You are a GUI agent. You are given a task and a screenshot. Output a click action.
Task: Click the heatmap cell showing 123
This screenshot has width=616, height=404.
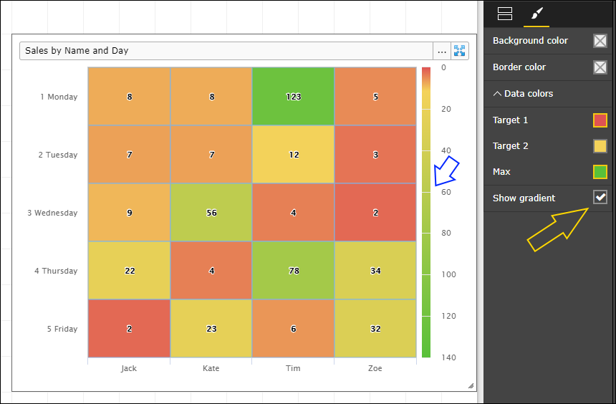point(293,97)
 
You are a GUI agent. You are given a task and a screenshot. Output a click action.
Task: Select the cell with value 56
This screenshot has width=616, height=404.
point(211,213)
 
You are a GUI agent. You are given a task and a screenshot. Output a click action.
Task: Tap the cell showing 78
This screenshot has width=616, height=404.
point(293,271)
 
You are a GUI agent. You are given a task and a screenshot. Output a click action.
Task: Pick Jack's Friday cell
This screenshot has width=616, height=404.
point(129,329)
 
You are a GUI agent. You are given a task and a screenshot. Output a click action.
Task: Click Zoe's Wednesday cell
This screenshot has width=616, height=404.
point(375,213)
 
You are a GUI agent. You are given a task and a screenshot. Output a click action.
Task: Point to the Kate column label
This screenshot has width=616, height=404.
point(211,368)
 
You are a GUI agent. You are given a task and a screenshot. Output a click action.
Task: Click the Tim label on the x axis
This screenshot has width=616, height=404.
point(293,368)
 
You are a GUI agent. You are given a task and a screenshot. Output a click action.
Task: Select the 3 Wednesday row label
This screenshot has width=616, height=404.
point(57,213)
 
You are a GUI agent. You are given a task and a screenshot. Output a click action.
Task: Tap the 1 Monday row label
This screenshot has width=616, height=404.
point(59,97)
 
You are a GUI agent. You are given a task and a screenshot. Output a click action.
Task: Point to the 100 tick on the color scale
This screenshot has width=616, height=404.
point(448,274)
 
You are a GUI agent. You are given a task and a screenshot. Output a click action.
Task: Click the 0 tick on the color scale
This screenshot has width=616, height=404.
point(444,67)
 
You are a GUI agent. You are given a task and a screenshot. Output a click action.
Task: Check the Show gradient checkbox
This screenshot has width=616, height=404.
point(600,198)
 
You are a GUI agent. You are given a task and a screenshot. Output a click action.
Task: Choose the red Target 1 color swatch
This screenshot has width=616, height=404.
point(600,120)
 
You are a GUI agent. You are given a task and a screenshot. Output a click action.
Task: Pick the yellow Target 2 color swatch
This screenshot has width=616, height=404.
point(600,146)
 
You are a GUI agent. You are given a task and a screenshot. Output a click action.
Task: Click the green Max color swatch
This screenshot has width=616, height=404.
point(600,172)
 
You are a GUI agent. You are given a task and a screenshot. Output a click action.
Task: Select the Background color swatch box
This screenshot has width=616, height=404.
point(600,41)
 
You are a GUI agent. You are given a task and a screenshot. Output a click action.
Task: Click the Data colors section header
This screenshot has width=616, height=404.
point(523,93)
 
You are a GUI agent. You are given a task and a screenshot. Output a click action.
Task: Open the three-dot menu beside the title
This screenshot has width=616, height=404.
point(442,51)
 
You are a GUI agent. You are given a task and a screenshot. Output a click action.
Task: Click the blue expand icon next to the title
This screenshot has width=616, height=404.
point(460,51)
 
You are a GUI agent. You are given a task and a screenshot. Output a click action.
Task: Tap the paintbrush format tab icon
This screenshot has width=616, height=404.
point(536,13)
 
